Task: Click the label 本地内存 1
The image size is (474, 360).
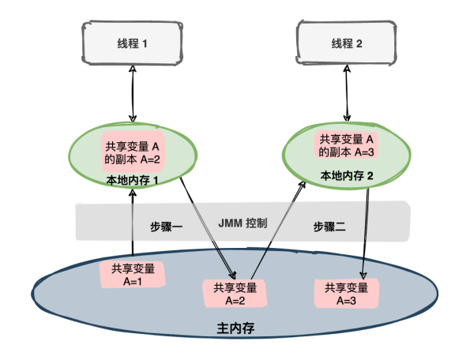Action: pyautogui.click(x=133, y=181)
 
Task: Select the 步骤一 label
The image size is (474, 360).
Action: pyautogui.click(x=167, y=227)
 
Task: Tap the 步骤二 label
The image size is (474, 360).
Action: pyautogui.click(x=329, y=226)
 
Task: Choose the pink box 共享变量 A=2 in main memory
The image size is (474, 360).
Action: pyautogui.click(x=235, y=293)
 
